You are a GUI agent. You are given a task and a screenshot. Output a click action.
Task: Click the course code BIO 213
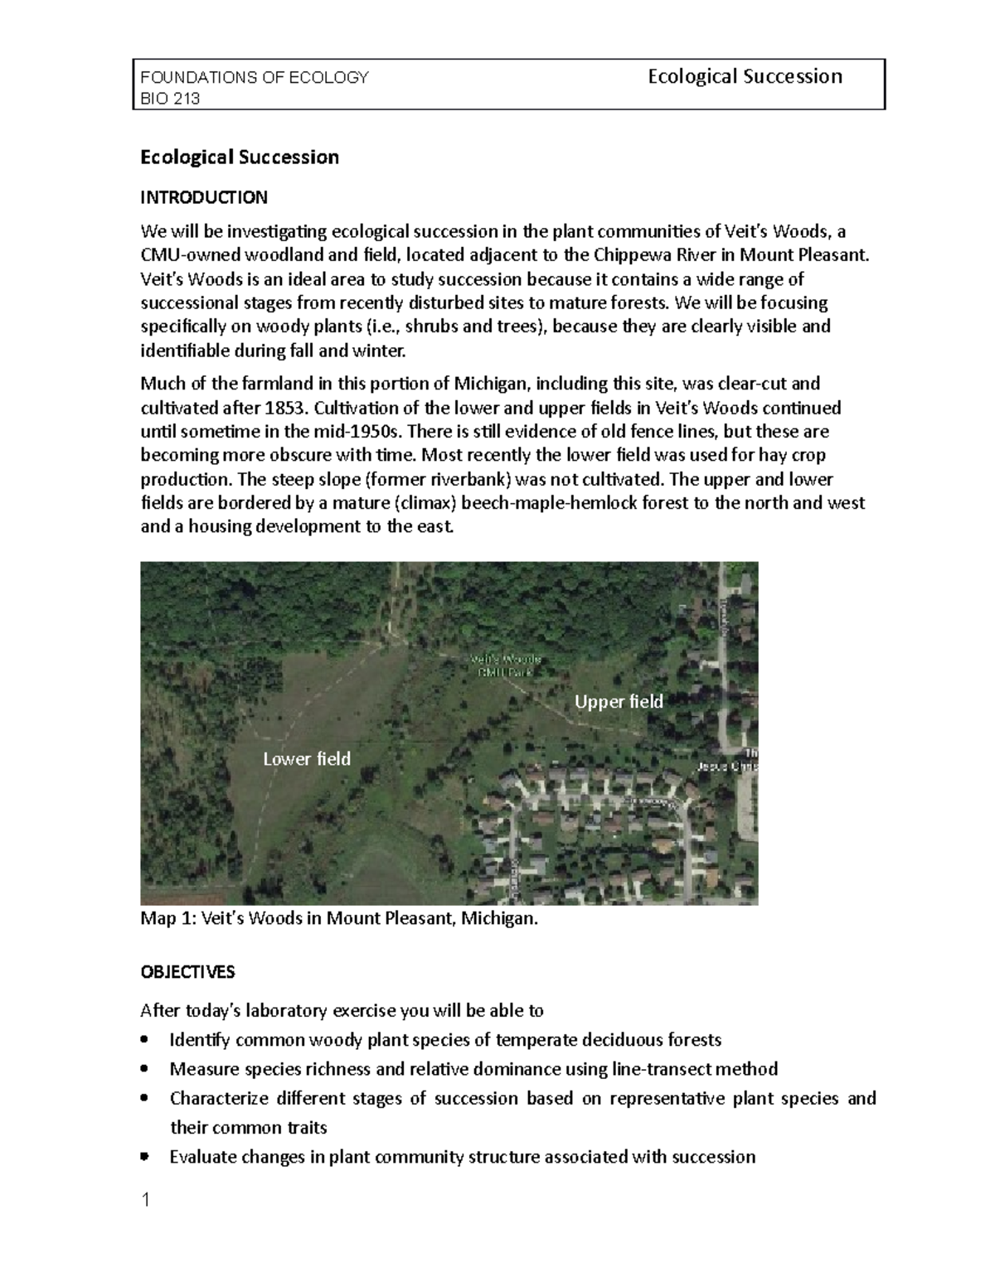pos(170,99)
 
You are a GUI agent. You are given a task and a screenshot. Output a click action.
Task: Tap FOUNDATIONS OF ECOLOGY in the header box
pos(255,78)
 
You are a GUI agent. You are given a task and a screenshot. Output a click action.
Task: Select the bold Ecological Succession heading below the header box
pos(240,157)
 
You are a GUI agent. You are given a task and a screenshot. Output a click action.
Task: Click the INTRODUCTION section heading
pos(204,197)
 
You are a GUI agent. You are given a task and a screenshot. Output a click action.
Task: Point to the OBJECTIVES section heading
pos(187,971)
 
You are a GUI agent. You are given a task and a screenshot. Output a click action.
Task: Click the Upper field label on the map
pos(619,702)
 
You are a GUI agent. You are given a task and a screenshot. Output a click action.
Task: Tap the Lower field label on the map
pos(306,759)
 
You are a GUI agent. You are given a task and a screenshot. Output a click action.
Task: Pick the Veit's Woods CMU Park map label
pos(506,665)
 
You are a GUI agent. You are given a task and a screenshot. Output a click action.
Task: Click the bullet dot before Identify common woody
pos(146,1040)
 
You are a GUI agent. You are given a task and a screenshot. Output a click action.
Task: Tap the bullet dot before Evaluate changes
pos(146,1157)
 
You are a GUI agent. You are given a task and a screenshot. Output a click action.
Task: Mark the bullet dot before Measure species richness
pos(146,1069)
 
